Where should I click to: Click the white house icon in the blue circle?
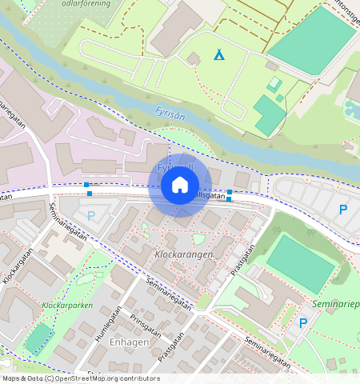(180, 185)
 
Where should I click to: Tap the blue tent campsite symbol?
(218, 54)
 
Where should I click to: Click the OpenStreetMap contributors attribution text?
(80, 378)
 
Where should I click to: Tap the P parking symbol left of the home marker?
(90, 215)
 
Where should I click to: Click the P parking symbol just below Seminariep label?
(302, 323)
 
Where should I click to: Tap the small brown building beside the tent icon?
(194, 58)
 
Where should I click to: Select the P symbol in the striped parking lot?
(343, 210)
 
